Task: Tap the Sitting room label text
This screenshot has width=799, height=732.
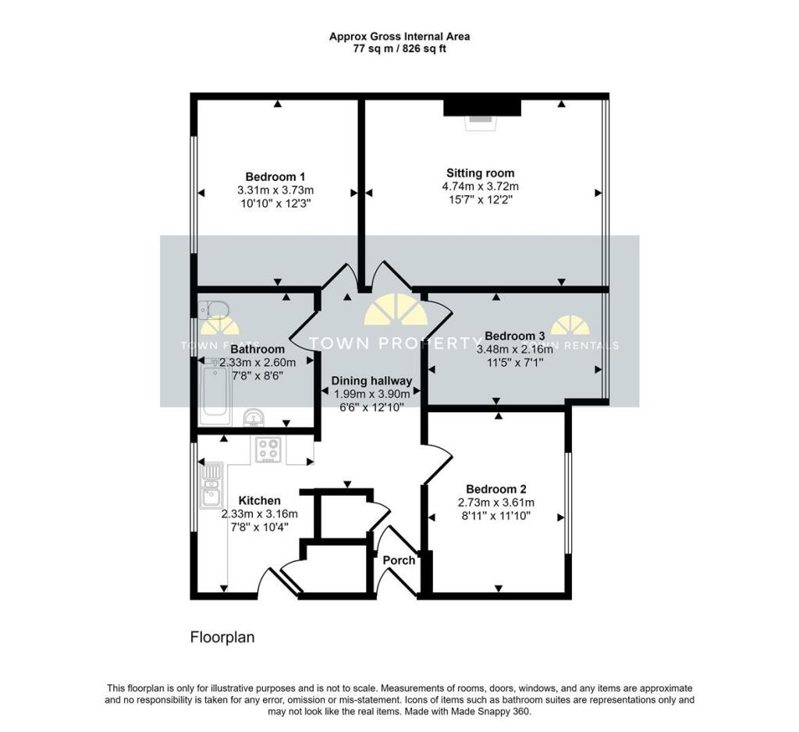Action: (480, 173)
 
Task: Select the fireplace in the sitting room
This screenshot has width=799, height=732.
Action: (481, 109)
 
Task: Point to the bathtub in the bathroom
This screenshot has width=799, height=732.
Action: (215, 395)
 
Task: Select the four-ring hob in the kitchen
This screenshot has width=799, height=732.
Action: (269, 450)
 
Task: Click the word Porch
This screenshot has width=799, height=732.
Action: (399, 560)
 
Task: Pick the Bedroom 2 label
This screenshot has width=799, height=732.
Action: (495, 489)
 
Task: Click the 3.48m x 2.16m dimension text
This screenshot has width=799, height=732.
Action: (514, 350)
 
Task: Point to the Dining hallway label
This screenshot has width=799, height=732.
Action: (371, 381)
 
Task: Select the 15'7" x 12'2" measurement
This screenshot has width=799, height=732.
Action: (480, 200)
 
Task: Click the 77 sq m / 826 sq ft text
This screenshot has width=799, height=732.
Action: (399, 48)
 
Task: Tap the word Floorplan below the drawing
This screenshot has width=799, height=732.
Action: (222, 638)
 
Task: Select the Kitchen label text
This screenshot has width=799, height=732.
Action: (259, 500)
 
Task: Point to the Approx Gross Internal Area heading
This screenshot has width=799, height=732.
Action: (399, 36)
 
